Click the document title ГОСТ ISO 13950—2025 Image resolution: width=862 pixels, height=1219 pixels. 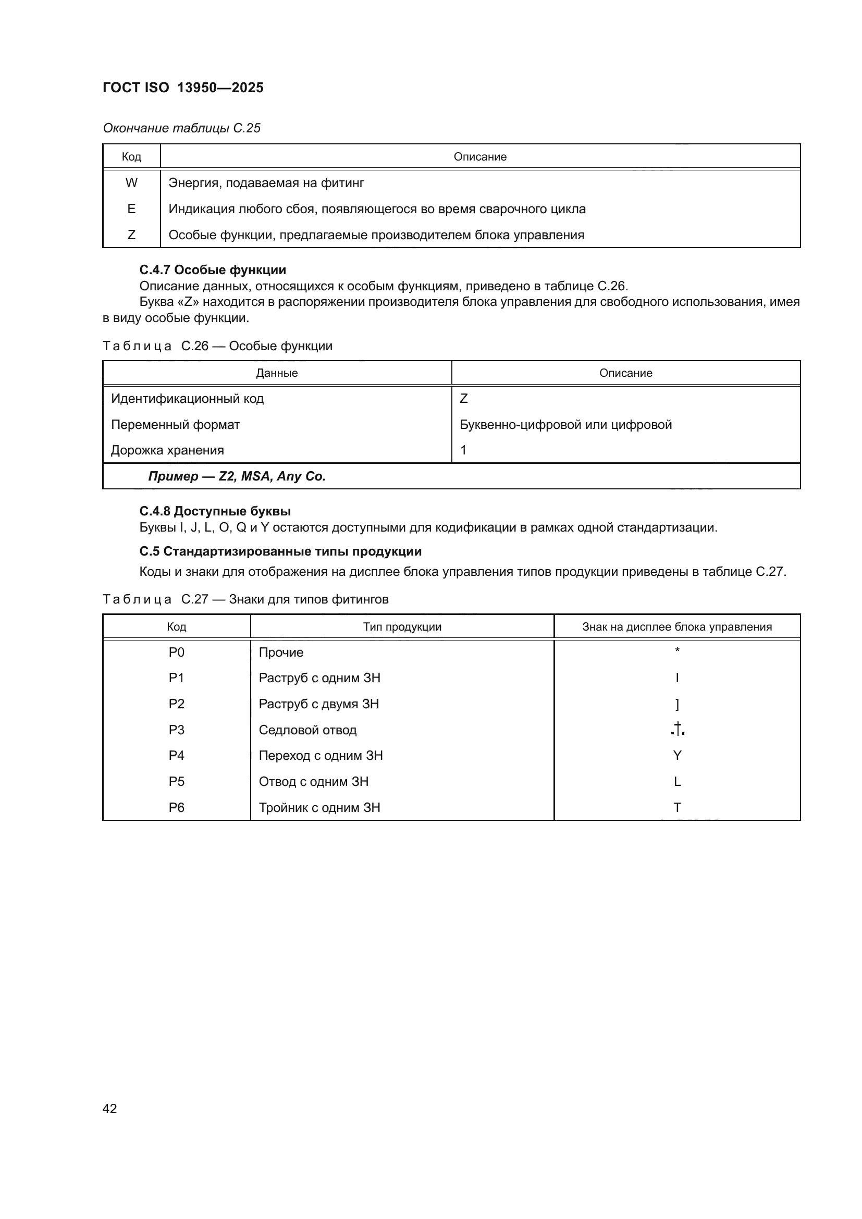point(183,88)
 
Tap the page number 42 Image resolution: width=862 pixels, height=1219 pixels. point(110,1109)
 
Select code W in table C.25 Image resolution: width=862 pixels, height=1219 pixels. point(131,182)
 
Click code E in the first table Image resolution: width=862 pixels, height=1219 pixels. point(131,208)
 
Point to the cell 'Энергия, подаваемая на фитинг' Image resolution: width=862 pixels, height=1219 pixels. point(266,182)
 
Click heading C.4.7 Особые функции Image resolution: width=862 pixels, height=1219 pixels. point(212,270)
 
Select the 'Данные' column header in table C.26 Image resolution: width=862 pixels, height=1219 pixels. point(277,373)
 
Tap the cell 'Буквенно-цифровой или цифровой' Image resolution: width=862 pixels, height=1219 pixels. point(566,424)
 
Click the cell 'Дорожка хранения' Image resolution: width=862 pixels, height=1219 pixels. point(168,450)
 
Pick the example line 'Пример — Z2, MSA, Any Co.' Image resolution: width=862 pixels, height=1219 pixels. point(237,476)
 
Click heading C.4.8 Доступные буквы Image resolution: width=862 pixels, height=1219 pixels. point(215,511)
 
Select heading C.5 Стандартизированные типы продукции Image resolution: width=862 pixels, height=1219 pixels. point(280,551)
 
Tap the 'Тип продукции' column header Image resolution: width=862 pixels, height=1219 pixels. point(402,626)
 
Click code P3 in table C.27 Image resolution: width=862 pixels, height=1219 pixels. point(176,730)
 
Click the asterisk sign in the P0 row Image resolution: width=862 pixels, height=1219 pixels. point(678,650)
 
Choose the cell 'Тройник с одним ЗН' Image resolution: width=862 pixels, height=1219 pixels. point(319,807)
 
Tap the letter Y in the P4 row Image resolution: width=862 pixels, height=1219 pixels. point(678,755)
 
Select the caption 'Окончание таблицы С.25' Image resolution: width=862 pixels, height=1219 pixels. point(181,128)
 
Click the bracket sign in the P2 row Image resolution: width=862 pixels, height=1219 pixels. point(678,704)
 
